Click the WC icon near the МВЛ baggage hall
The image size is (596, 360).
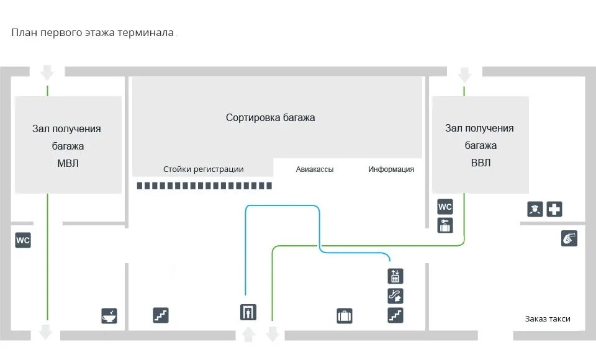23,240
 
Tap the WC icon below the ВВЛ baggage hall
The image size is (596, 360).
445,207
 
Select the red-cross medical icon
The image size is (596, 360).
554,209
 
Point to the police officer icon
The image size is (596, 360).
535,209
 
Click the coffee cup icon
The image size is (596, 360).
109,316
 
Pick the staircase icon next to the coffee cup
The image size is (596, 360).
161,315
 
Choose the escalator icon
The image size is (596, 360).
395,295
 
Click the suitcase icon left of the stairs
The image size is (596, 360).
345,316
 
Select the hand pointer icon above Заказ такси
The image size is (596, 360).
569,238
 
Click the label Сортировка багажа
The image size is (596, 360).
270,117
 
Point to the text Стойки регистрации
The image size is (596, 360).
203,169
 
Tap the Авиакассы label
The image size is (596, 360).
315,169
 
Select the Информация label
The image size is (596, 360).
391,169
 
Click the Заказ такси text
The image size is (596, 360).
547,319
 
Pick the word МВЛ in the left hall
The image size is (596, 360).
68,164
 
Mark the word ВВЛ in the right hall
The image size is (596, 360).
480,163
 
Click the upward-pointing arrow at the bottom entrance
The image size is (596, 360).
248,334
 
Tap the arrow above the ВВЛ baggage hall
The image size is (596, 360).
464,75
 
